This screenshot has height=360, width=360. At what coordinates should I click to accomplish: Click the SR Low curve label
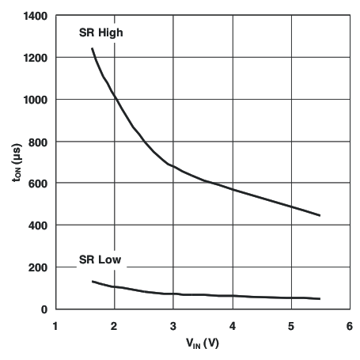tap(100, 260)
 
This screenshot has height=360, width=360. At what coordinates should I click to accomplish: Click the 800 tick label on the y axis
tap(36, 142)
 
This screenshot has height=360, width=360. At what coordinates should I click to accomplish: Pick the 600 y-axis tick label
tap(36, 184)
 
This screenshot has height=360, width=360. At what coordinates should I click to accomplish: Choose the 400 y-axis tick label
tap(36, 226)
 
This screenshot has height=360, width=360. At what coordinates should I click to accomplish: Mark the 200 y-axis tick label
tap(36, 268)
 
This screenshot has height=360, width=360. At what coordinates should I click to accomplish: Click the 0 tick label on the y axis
tap(44, 309)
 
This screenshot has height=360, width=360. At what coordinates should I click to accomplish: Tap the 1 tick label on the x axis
tap(55, 325)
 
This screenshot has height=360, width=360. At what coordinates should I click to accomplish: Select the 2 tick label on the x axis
tap(115, 325)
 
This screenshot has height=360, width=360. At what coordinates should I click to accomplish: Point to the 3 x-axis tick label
tap(173, 325)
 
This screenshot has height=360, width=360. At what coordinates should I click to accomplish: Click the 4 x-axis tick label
tap(233, 325)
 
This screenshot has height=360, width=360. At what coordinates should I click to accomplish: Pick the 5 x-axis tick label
tap(291, 325)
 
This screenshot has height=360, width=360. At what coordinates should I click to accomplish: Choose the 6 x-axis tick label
tap(350, 325)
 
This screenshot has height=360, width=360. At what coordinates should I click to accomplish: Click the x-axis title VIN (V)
tap(202, 345)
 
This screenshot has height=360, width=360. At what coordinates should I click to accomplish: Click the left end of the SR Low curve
tap(93, 282)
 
